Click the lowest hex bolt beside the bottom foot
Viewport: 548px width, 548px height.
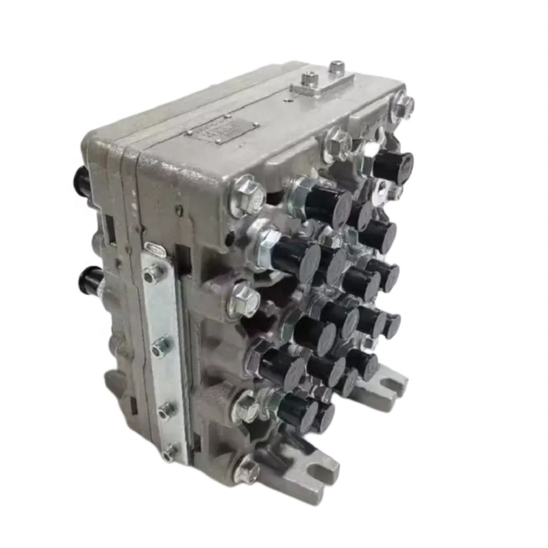coord(247,470)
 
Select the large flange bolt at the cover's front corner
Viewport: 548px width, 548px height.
coord(247,194)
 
